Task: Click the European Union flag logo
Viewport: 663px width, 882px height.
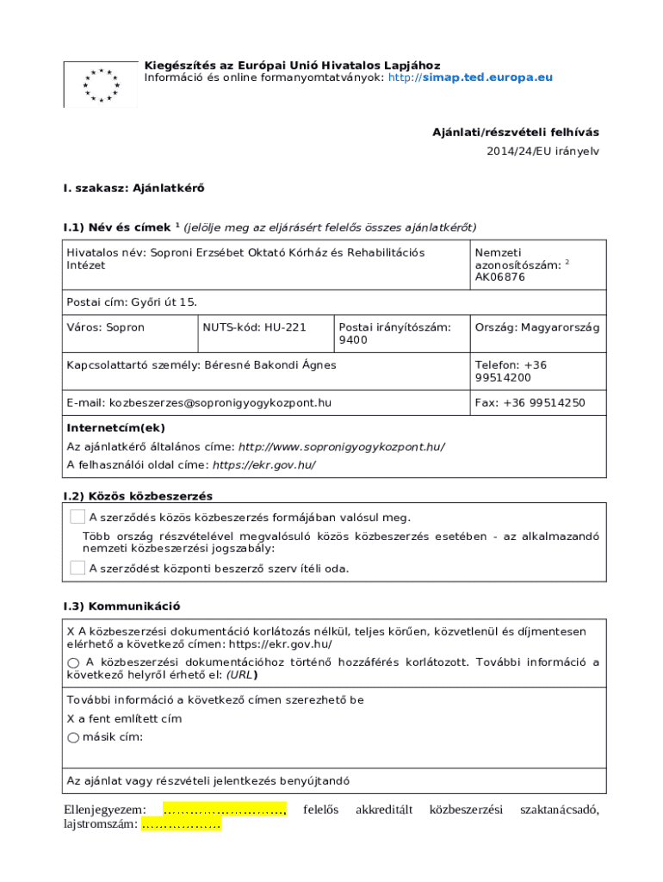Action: (x=101, y=84)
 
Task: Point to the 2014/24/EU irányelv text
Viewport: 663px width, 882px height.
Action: (x=542, y=151)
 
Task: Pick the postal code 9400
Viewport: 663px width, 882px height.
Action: (x=353, y=340)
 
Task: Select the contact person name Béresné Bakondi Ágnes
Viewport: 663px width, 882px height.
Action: (x=270, y=365)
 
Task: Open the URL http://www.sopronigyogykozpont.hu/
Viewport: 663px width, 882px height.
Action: (x=341, y=447)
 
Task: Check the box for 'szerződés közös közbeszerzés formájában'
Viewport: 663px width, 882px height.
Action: (x=77, y=518)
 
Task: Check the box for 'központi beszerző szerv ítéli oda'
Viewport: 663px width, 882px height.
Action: (x=77, y=568)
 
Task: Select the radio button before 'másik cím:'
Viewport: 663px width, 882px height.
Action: (x=73, y=737)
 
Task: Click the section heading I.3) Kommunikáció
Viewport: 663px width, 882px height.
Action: (x=121, y=607)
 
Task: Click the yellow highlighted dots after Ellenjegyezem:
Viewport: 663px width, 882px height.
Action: (x=224, y=811)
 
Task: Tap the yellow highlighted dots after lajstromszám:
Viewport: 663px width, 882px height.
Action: (x=181, y=825)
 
